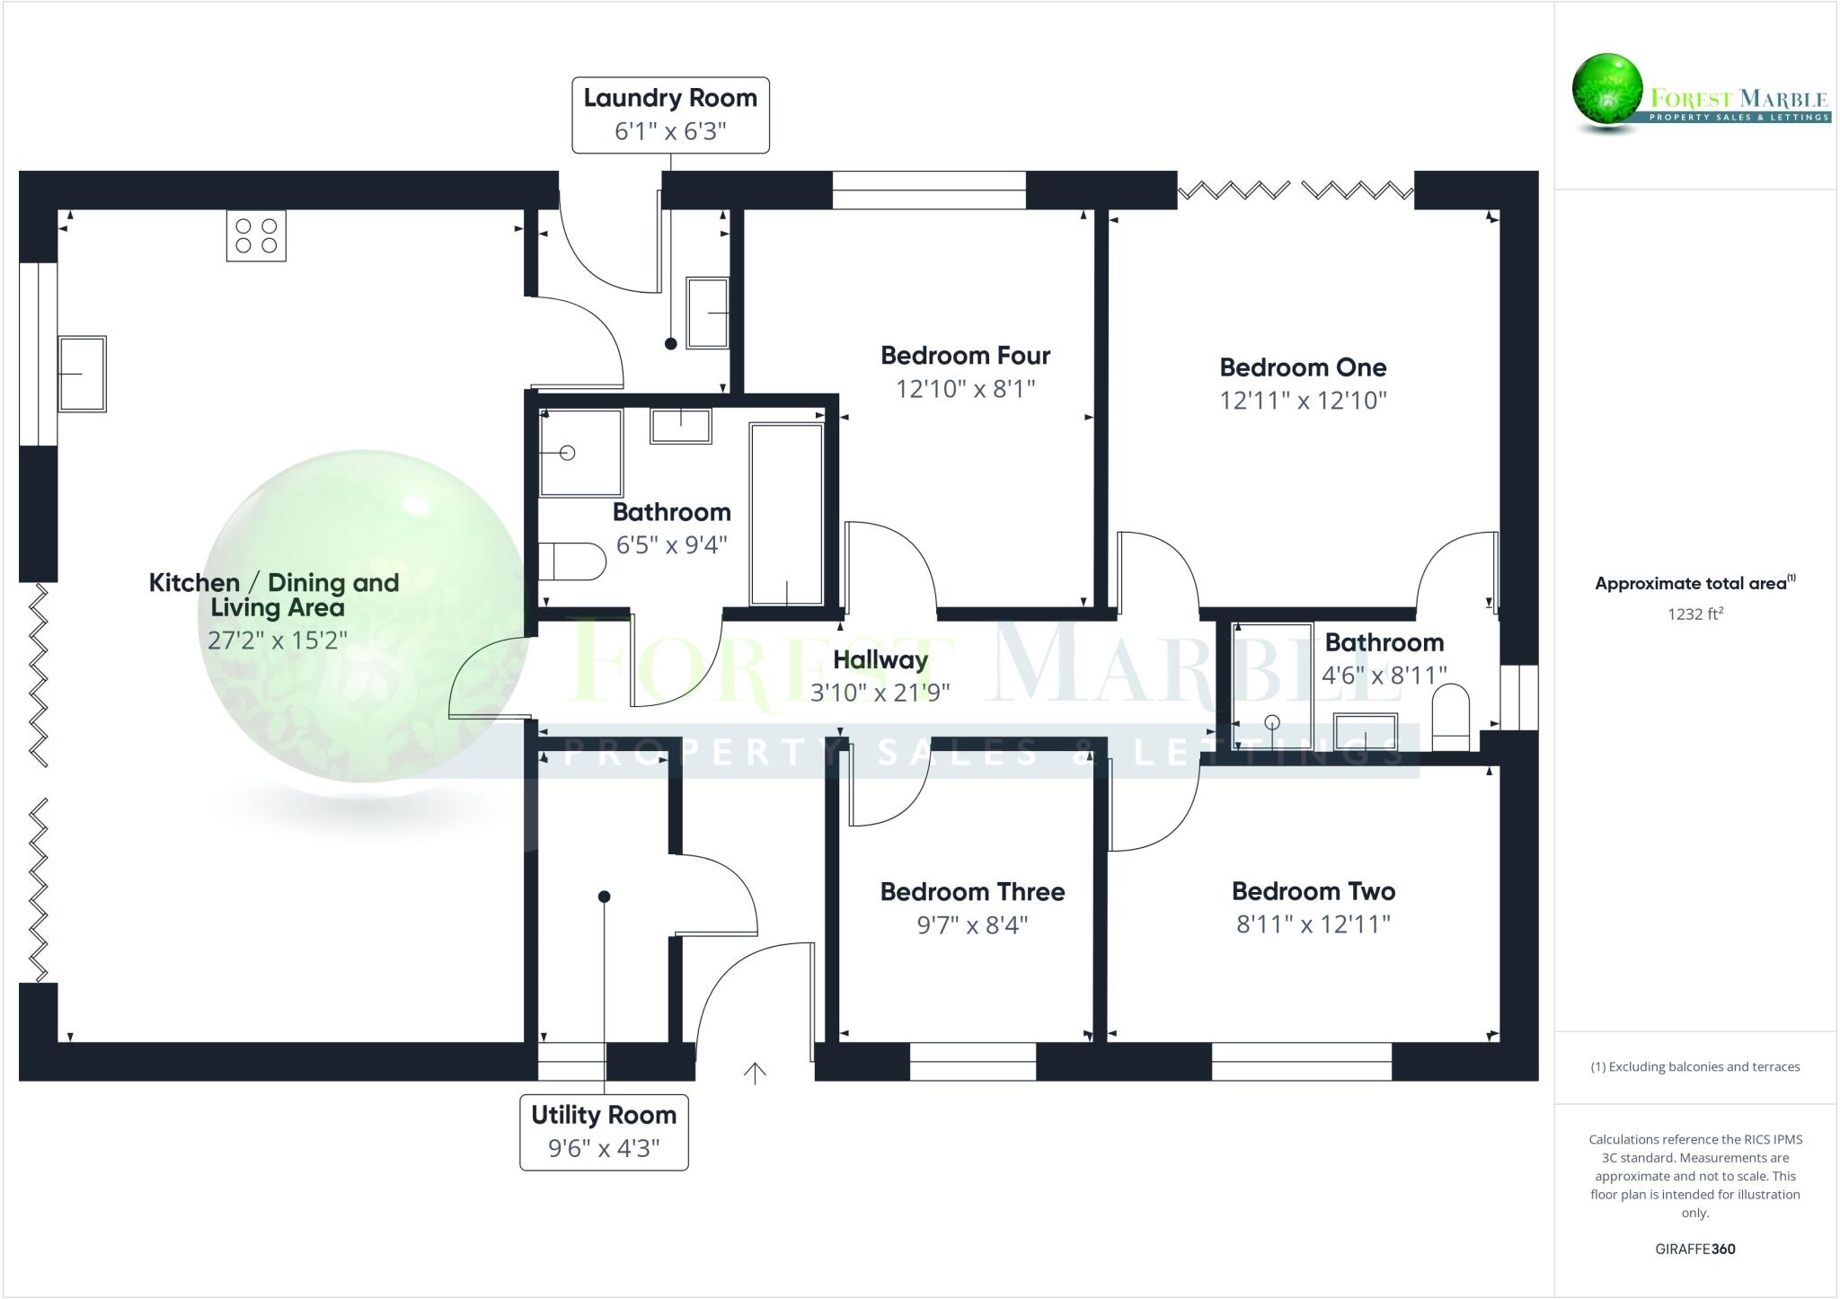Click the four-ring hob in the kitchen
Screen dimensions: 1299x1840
tap(256, 235)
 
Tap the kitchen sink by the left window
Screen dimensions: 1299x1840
tap(82, 374)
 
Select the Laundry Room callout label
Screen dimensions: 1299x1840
tap(670, 115)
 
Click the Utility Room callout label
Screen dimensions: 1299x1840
tap(604, 1132)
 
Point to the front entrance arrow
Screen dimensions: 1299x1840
tap(755, 1073)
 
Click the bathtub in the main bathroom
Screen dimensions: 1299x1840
tap(786, 514)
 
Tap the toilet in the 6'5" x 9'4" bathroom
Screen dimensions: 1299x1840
tap(572, 561)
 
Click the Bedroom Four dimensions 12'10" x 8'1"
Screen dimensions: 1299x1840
tap(965, 389)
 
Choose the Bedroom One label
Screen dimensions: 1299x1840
tap(1303, 367)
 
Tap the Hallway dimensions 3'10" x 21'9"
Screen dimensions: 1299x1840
tap(880, 693)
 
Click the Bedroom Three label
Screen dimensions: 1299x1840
tap(972, 892)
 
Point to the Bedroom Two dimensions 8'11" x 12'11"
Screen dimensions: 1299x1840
tap(1313, 924)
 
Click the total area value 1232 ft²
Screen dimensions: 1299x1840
tap(1694, 614)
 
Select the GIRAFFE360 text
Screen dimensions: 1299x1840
tap(1694, 1249)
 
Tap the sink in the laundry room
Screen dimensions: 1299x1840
tap(707, 313)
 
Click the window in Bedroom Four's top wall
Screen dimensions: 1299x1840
tap(928, 190)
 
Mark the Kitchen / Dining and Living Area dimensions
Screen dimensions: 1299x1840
tap(277, 641)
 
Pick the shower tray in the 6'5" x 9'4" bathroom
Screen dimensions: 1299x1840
tap(580, 453)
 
